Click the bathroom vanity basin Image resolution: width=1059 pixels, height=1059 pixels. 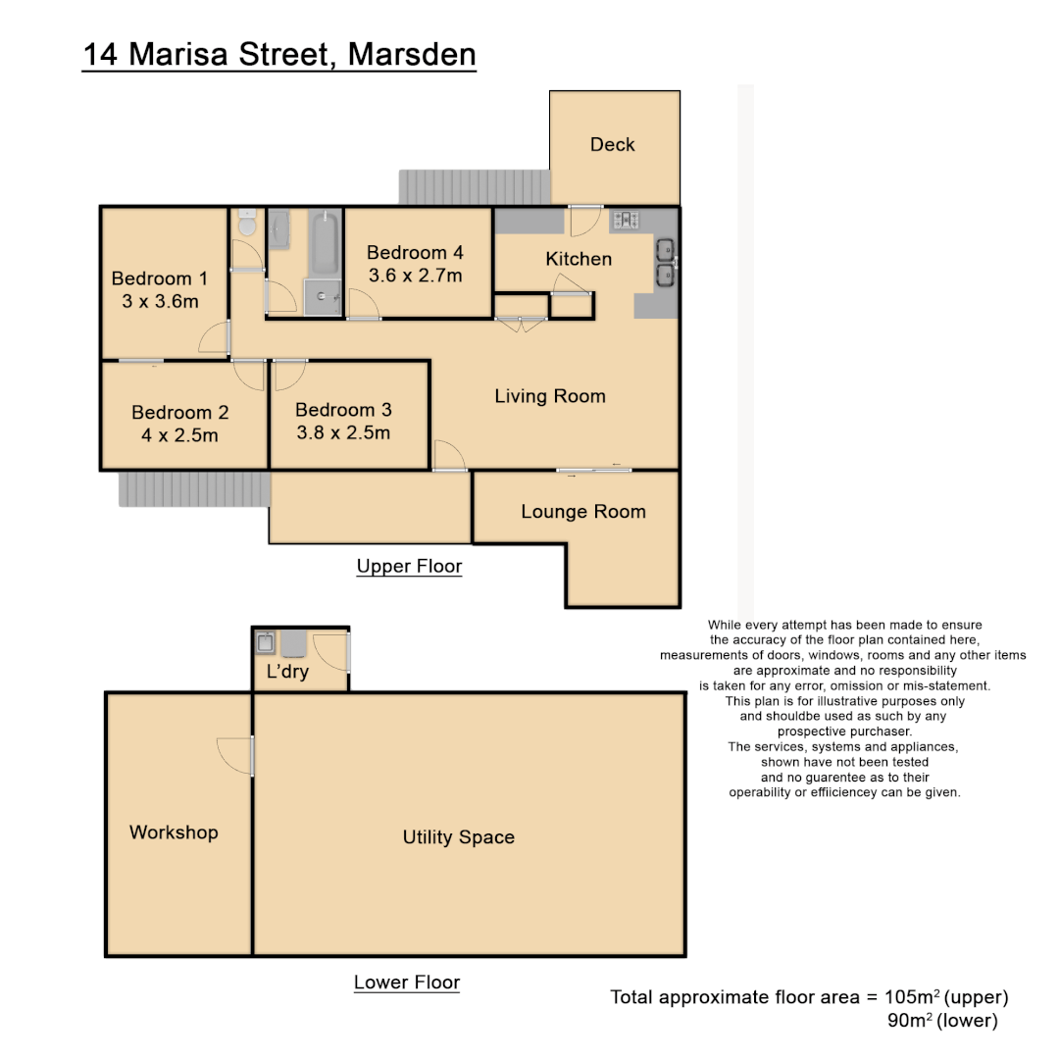click(279, 229)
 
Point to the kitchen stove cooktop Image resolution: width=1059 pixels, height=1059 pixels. click(624, 219)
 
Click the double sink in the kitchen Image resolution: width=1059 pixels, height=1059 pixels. click(665, 261)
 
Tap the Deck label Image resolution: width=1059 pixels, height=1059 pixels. click(612, 144)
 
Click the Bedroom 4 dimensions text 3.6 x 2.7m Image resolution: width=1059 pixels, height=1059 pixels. click(415, 276)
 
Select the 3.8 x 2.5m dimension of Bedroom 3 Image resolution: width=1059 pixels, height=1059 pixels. click(342, 432)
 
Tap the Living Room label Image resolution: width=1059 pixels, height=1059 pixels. click(549, 396)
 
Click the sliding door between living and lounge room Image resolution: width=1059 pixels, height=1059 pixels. click(594, 471)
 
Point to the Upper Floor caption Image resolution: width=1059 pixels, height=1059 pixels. click(409, 566)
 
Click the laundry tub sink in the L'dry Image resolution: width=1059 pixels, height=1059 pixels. click(265, 643)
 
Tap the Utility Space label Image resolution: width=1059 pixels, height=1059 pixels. click(458, 836)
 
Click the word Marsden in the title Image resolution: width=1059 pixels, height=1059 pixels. click(413, 54)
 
